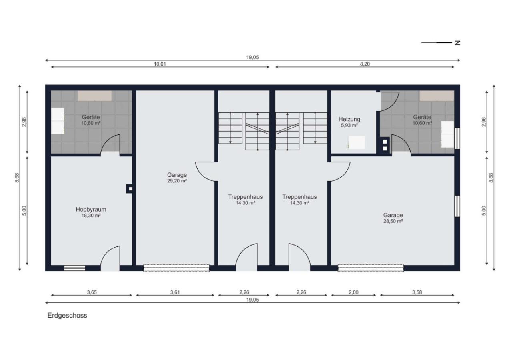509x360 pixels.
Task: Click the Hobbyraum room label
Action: tap(91, 210)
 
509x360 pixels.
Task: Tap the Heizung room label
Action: tap(349, 119)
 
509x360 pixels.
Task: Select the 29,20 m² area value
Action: tap(177, 181)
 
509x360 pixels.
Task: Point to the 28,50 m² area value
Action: tap(393, 221)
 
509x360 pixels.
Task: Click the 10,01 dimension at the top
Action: tap(160, 64)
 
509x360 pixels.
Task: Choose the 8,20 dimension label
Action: tap(365, 64)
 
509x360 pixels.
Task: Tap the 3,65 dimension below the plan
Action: tap(92, 292)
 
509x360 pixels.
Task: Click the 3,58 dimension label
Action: tap(417, 292)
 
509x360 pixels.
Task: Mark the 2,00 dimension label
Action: tap(353, 292)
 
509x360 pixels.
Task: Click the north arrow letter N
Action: tap(457, 43)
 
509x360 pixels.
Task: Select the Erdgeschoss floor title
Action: tap(67, 316)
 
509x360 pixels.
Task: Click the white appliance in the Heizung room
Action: tap(357, 143)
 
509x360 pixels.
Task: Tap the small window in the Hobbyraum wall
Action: tap(75, 268)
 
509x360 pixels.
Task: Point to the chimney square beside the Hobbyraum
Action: tap(130, 188)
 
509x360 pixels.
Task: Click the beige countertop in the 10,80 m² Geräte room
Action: tap(95, 96)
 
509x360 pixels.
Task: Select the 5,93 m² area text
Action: tap(349, 125)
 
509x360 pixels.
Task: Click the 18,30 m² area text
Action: tap(91, 216)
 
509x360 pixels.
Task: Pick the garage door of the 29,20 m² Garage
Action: tap(176, 268)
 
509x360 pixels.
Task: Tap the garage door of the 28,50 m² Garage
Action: tap(371, 268)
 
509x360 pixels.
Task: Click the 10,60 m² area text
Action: tap(422, 123)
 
